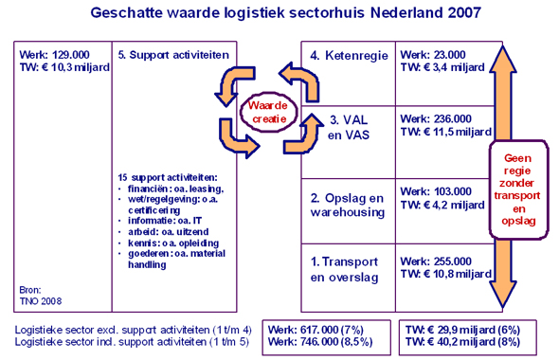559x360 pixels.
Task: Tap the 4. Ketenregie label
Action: pyautogui.click(x=348, y=56)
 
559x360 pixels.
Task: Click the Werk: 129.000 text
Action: pyautogui.click(x=52, y=55)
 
